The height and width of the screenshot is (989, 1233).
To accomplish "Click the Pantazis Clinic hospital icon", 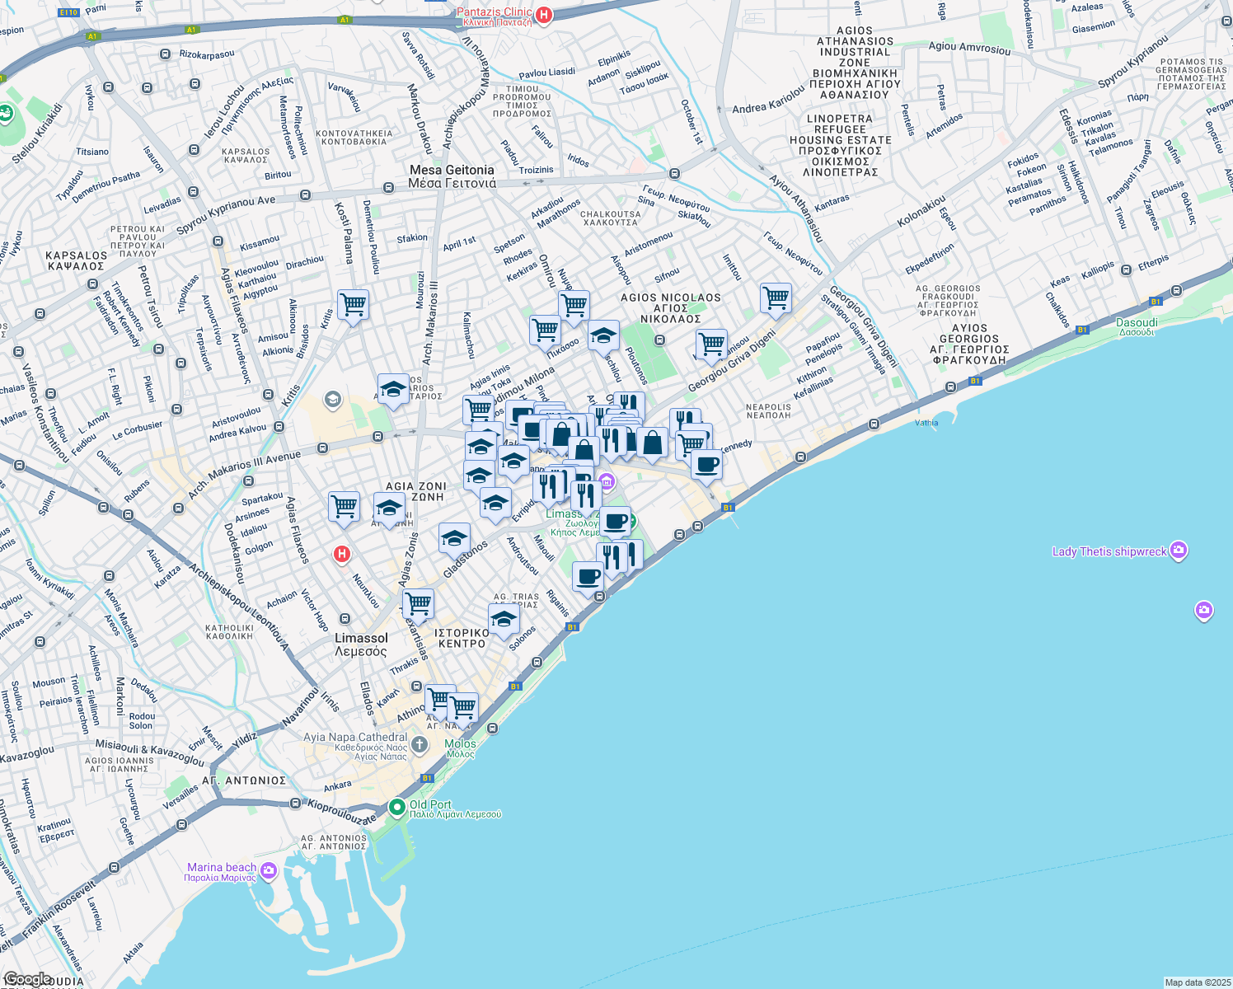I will pos(544,14).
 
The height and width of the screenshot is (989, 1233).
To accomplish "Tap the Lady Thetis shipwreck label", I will pos(1109,551).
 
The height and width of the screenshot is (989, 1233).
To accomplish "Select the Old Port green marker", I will pos(397,807).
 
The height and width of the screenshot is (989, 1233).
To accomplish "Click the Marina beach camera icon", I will pos(269,870).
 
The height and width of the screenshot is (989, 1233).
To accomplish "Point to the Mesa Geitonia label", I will pos(452,176).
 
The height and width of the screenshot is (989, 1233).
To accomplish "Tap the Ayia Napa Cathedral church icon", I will pos(420,746).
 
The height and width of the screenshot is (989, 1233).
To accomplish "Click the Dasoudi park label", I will pos(1137,326).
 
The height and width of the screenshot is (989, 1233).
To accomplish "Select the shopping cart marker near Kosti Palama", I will pos(353,305).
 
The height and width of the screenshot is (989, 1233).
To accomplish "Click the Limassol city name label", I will pos(361,644).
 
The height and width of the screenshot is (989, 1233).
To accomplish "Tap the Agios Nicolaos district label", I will pos(670,307).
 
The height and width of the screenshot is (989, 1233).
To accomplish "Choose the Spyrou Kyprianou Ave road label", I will pos(226,213).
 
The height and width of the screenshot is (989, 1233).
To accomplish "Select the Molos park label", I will pos(460,748).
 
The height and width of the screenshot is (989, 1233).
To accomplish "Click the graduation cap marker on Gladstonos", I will pos(454,540).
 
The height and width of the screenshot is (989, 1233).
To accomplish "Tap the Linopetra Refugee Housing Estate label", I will pos(840,145).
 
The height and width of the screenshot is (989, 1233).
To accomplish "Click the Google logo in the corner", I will pos(28,979).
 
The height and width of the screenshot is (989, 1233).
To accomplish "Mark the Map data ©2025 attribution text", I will pos(1196,982).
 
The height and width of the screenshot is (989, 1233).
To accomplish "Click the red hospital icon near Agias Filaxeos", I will pos(342,555).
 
